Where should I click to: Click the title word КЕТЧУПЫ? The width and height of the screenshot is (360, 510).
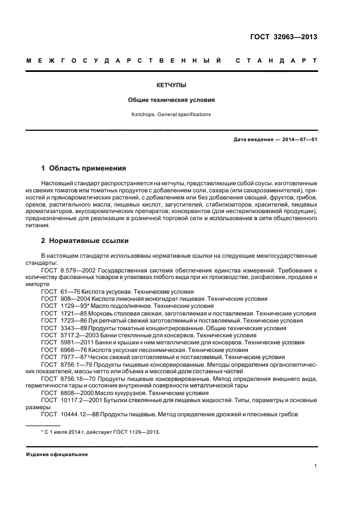[172, 86]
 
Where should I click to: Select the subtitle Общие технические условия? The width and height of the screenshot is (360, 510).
[172, 100]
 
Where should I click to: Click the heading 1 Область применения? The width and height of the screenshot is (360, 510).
[84, 168]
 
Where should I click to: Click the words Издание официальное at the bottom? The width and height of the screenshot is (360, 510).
[57, 454]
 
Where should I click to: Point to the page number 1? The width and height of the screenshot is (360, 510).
[316, 466]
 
